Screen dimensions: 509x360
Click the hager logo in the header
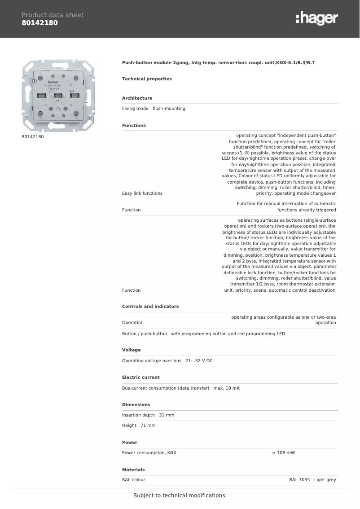click(317, 18)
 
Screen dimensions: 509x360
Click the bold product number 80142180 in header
click(40, 23)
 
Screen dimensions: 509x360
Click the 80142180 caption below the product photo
click(33, 136)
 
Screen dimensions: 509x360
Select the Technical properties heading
click(147, 79)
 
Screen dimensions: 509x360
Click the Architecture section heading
click(137, 98)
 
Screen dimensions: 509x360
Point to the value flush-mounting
click(169, 109)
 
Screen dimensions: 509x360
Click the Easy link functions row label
click(142, 193)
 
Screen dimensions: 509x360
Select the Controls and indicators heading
click(150, 307)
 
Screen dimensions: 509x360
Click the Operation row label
click(132, 323)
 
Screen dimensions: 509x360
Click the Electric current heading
click(140, 377)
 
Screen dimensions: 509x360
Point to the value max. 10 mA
click(226, 388)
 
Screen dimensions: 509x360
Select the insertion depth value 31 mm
click(167, 415)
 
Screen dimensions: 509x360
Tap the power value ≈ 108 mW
click(283, 453)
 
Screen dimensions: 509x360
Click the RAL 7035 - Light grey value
click(312, 480)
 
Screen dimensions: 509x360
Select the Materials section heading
click(133, 470)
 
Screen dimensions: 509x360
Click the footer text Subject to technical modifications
click(179, 496)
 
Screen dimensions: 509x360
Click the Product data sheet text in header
click(53, 15)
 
